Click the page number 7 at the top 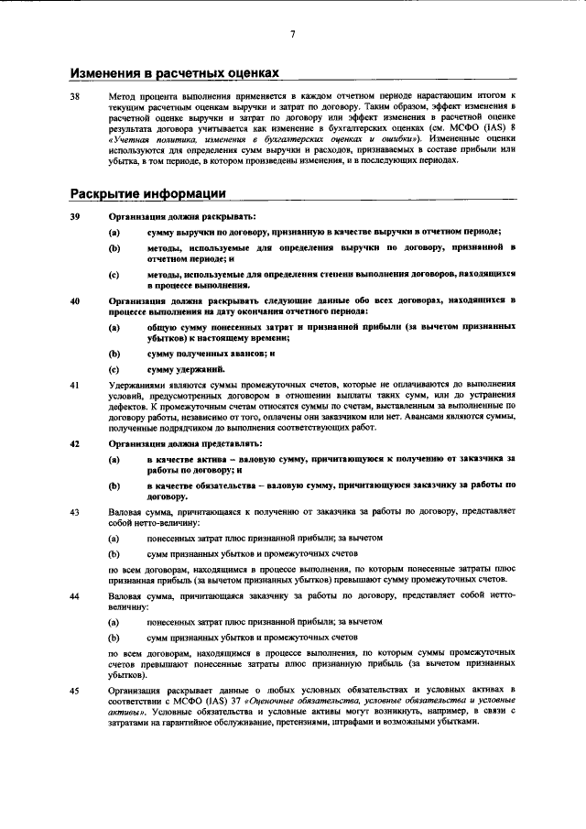(292, 34)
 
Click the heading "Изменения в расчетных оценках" (174, 72)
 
